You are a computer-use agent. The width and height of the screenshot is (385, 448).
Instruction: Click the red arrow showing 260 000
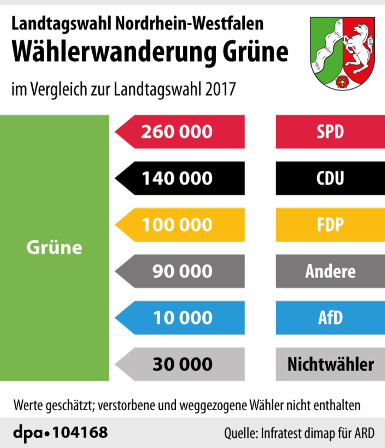pyautogui.click(x=180, y=132)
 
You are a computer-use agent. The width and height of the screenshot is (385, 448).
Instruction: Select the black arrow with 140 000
pyautogui.click(x=180, y=178)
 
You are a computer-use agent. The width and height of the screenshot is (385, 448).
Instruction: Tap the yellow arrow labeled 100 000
pyautogui.click(x=180, y=225)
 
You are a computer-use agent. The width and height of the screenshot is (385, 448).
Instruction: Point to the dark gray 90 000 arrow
pyautogui.click(x=180, y=271)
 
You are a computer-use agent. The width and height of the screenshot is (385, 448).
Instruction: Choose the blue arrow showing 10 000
pyautogui.click(x=180, y=318)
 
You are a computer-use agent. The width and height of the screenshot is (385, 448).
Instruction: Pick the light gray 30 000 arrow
pyautogui.click(x=180, y=364)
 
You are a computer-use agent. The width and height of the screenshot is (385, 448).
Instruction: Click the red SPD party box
pyautogui.click(x=330, y=132)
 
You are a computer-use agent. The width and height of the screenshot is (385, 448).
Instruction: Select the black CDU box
pyautogui.click(x=330, y=178)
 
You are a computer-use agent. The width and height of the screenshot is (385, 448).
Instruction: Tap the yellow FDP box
pyautogui.click(x=330, y=225)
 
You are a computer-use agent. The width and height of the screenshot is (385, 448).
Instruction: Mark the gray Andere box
pyautogui.click(x=330, y=271)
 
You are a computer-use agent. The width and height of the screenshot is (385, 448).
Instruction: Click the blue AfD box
pyautogui.click(x=330, y=318)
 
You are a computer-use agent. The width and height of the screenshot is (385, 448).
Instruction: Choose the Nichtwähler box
pyautogui.click(x=330, y=364)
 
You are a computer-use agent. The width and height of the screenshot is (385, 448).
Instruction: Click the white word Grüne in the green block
pyautogui.click(x=54, y=247)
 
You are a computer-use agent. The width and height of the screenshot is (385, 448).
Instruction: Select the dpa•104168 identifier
pyautogui.click(x=60, y=432)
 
